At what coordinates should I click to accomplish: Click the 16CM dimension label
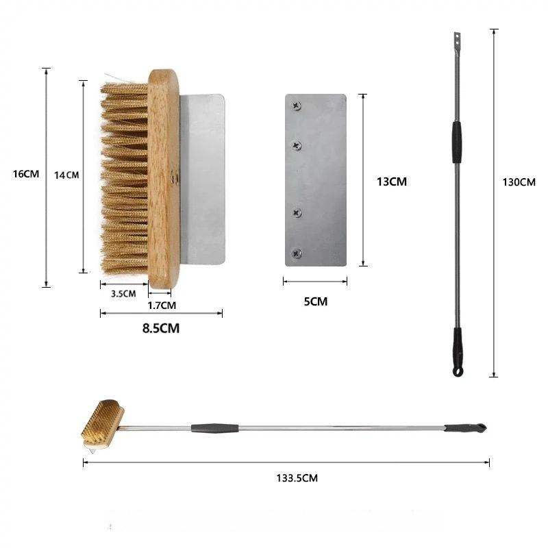tap(26, 174)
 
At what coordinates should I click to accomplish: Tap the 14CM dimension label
tap(66, 175)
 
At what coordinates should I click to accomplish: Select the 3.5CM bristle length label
tap(123, 294)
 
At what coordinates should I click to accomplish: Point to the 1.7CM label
tap(162, 306)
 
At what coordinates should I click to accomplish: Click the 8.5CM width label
tap(161, 328)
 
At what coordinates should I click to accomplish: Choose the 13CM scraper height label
tap(391, 182)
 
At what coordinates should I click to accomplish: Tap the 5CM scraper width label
tap(316, 301)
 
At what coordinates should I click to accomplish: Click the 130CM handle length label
tap(519, 182)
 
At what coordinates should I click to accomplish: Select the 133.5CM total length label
tap(297, 478)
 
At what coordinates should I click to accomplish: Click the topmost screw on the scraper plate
tap(297, 105)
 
